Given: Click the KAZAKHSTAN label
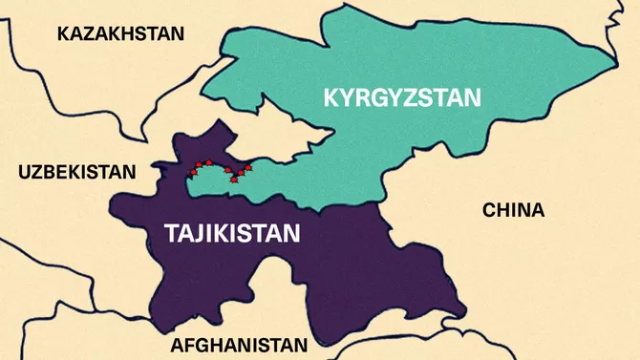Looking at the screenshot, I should (120, 34).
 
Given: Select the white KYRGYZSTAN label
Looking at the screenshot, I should (404, 97).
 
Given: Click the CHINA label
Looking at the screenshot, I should (513, 210).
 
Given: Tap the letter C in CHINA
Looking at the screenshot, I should (489, 210).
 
